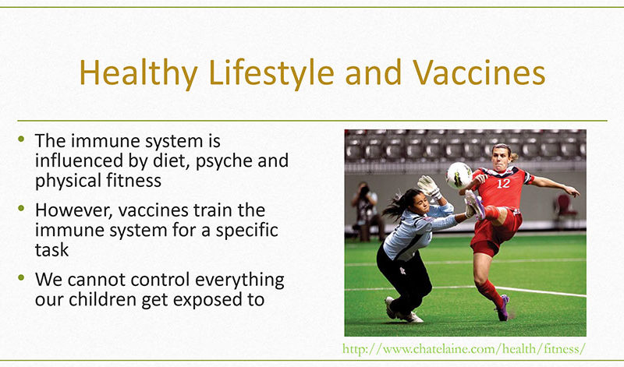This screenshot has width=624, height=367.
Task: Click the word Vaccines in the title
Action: [479, 72]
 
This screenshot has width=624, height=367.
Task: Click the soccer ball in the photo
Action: [459, 175]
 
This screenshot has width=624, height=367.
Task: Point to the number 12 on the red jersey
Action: [503, 183]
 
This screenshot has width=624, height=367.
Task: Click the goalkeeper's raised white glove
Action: [429, 186]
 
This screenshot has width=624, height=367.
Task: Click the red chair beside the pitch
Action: [566, 209]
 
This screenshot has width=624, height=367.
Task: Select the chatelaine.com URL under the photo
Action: [464, 349]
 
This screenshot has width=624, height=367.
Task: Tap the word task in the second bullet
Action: [51, 250]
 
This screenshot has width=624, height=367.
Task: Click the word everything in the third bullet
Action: [239, 281]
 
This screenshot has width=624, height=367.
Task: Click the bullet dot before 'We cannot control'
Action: [21, 277]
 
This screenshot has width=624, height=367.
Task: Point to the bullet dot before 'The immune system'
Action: [21, 139]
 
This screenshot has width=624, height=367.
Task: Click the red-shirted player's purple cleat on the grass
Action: [503, 307]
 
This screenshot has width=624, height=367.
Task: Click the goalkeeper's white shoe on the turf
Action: [410, 316]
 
